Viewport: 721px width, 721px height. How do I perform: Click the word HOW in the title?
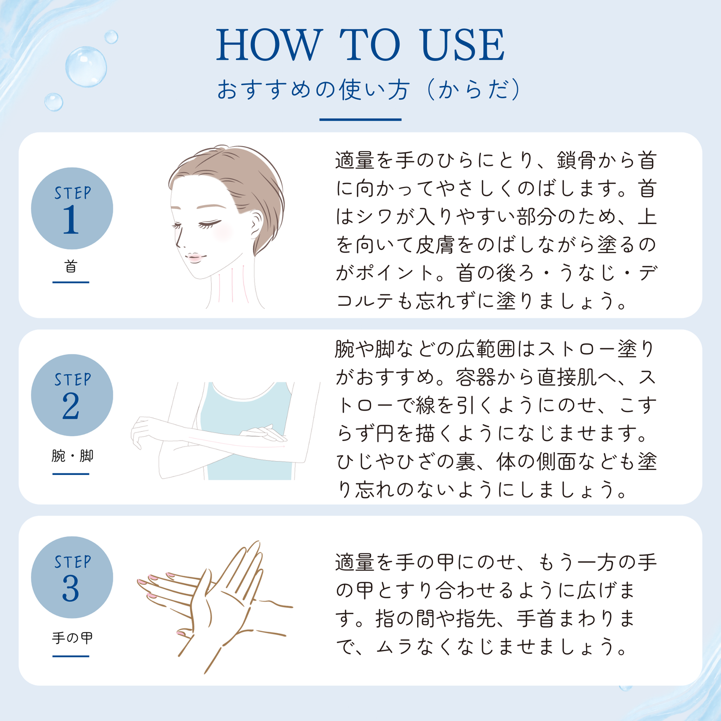(268, 45)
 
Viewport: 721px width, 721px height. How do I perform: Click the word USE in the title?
(463, 45)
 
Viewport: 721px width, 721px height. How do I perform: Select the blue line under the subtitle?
(360, 119)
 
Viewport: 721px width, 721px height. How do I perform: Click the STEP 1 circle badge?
(72, 209)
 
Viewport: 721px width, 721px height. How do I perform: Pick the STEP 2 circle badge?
(72, 395)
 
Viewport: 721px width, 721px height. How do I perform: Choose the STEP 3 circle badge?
(72, 577)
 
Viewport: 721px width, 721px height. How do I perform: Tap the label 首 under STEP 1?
(71, 266)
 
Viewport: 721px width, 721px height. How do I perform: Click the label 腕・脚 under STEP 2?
(72, 456)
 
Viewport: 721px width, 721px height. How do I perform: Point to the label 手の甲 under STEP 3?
(72, 638)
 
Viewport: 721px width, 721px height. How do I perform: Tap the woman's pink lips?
(195, 257)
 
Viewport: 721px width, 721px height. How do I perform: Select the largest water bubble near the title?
(86, 67)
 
